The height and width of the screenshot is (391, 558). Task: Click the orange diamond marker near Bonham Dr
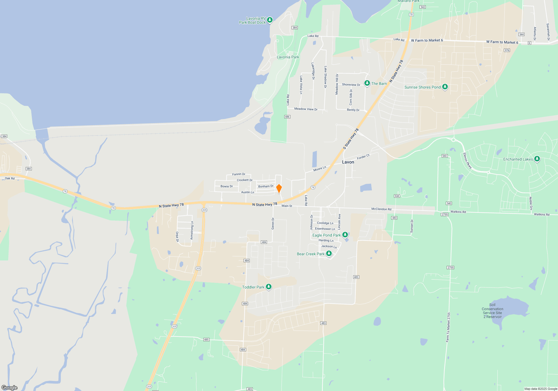click(x=279, y=188)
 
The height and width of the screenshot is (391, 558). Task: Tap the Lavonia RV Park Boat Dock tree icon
click(x=270, y=20)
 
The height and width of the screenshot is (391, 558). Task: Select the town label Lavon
click(x=348, y=162)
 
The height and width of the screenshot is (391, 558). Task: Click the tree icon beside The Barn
click(x=367, y=83)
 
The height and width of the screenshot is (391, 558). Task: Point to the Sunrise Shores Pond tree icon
click(x=445, y=87)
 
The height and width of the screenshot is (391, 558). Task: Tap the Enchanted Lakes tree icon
click(x=537, y=159)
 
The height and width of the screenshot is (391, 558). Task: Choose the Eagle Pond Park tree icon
click(x=345, y=235)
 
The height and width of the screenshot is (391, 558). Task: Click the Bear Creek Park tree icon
click(x=329, y=254)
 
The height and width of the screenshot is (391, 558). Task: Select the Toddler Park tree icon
click(x=269, y=287)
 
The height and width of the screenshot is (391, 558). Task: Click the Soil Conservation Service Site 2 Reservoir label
click(x=492, y=311)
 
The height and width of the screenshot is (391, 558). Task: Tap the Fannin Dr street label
click(x=239, y=174)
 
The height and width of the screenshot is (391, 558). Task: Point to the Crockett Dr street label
click(x=245, y=180)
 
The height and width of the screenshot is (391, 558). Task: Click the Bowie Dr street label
click(x=227, y=186)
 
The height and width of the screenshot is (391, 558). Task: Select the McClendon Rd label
click(x=381, y=209)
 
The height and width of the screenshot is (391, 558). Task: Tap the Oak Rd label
click(x=10, y=178)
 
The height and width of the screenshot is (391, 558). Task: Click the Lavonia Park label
click(x=288, y=57)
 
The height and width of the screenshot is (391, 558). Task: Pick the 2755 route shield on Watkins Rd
click(x=444, y=214)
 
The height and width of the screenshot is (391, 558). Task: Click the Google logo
click(x=9, y=388)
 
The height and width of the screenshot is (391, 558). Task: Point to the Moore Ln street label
click(x=320, y=169)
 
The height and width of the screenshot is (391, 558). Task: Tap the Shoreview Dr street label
click(x=351, y=85)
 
